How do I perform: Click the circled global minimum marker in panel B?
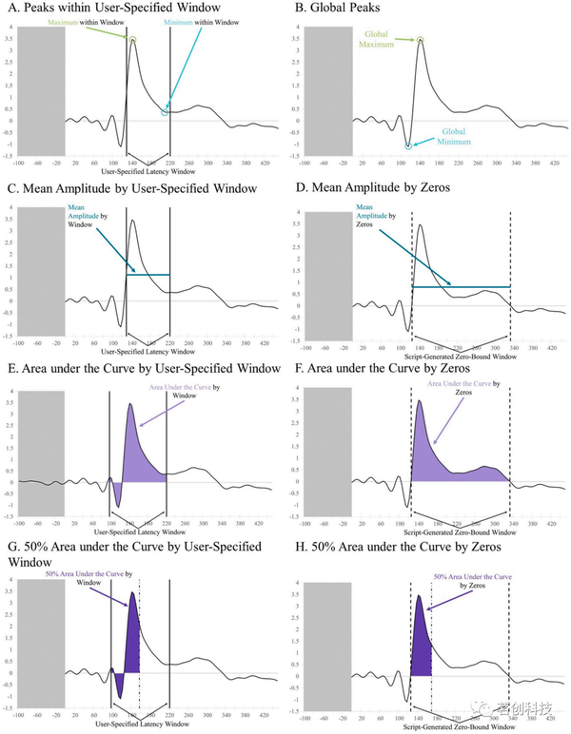(408, 145)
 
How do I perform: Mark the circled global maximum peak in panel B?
(420, 40)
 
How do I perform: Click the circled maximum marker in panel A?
(133, 40)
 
